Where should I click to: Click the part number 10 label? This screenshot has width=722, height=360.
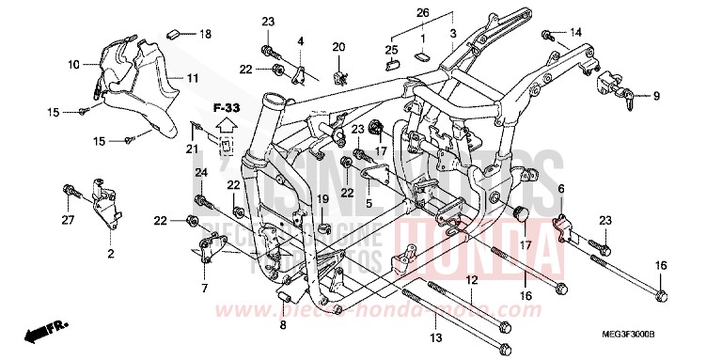coord(73,65)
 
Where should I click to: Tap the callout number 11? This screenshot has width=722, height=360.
coord(191,77)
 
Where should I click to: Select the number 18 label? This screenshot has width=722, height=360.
coord(205,34)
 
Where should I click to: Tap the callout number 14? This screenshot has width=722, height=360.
coord(576,33)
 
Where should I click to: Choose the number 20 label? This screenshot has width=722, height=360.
coord(338,46)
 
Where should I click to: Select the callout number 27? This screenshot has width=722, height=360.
coord(67,222)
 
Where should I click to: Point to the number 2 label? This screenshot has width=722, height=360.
coord(110,255)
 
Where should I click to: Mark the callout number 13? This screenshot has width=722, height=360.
coord(435,337)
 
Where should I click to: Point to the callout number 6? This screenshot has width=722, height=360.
coord(561,189)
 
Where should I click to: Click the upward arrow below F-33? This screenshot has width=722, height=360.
coord(226,124)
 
